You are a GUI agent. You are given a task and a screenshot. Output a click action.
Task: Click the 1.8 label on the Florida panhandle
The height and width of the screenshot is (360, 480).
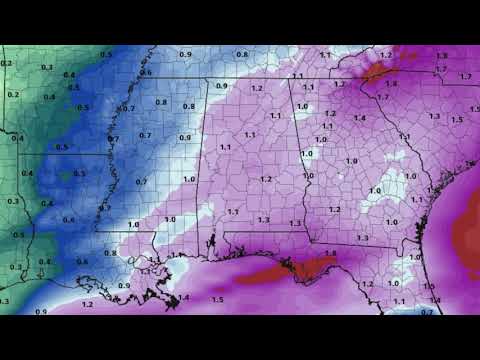330,254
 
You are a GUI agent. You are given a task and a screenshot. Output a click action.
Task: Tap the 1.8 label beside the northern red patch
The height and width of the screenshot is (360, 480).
391,84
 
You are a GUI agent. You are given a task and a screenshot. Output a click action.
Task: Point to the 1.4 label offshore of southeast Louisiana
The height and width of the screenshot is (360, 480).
183,297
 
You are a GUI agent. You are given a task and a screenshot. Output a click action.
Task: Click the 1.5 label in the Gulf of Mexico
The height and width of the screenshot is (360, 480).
218,299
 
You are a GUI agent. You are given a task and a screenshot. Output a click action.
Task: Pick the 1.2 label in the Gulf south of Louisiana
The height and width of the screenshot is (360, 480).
87,304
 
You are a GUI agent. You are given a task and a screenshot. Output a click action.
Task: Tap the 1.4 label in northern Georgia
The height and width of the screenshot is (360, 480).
359,118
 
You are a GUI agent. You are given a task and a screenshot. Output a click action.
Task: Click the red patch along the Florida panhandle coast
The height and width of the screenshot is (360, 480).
300,268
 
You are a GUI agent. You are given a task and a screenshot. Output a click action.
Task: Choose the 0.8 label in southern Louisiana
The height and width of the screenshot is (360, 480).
110,253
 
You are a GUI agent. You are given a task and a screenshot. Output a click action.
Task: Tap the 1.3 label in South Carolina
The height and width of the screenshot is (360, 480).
434,116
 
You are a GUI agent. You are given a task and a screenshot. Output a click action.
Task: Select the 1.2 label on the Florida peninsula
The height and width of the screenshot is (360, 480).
367,285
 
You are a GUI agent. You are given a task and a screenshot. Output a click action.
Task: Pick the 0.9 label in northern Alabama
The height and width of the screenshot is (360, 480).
222,87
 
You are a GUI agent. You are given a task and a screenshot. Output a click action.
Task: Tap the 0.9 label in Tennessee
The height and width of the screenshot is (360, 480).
185,53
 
